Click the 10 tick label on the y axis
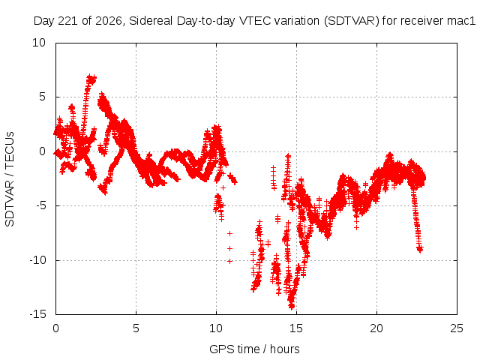point(39,43)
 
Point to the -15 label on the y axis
point(37,314)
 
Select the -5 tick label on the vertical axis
point(40,205)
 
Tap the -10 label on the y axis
point(37,260)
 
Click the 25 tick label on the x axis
point(457,328)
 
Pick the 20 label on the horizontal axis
point(376,328)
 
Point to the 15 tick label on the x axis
point(296,328)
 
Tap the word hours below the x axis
point(285,349)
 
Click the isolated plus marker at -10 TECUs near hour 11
point(230,262)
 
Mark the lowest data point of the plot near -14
point(291,306)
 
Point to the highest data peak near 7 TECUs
point(90,76)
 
